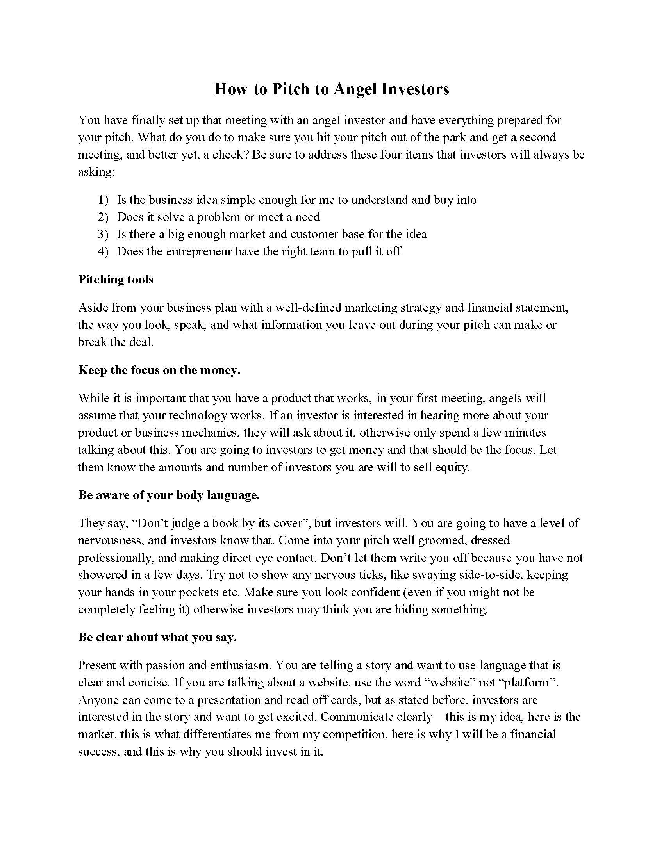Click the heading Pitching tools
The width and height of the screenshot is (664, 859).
pos(116,279)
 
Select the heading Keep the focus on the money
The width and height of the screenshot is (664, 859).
pos(159,370)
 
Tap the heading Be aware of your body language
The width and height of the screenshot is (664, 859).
pos(169,495)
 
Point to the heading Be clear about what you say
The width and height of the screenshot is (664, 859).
pos(157,637)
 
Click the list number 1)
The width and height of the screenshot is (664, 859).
pos(103,200)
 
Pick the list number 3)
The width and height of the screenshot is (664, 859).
pos(103,234)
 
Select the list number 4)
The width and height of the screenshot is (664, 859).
pos(103,251)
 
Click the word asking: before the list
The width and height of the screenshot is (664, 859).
pos(96,172)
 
